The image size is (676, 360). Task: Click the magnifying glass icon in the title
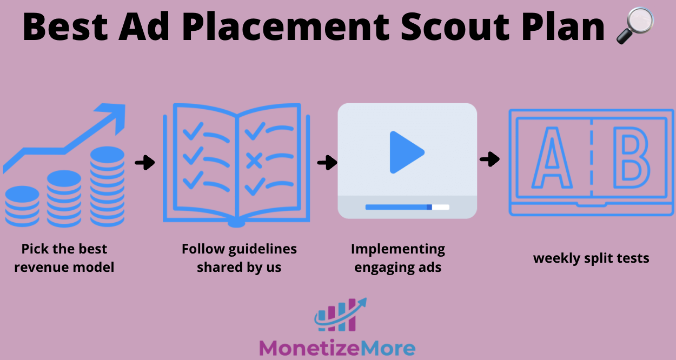click(x=635, y=25)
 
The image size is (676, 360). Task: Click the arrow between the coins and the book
click(x=144, y=162)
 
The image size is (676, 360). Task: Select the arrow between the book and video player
click(x=327, y=162)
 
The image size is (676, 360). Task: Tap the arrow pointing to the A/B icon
click(x=489, y=159)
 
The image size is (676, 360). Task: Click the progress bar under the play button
click(x=407, y=207)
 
